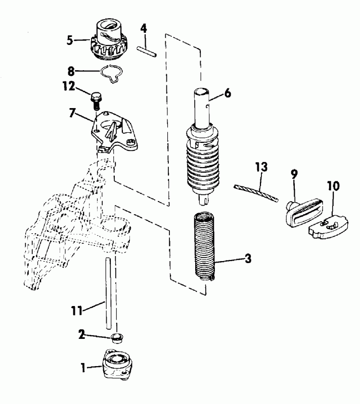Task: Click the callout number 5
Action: coord(70,40)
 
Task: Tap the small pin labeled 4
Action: coord(148,49)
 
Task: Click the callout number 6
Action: coord(227,93)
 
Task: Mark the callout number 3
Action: coord(248,260)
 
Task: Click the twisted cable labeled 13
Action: coord(256,193)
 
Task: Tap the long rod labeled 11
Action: coord(108,293)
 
